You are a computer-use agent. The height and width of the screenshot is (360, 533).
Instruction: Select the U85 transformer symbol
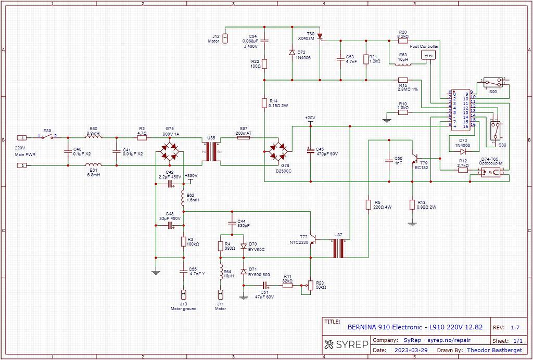point(211,152)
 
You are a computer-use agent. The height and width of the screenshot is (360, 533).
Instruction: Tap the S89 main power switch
point(47,137)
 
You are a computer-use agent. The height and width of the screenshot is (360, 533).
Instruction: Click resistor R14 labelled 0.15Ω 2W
point(264,104)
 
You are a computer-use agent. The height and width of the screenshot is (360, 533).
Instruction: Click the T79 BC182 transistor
point(415,156)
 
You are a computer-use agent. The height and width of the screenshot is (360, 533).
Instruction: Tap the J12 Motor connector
point(225,37)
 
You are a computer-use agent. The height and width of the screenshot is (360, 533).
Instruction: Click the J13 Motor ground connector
point(183,294)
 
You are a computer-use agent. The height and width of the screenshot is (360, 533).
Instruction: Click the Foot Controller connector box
point(428,55)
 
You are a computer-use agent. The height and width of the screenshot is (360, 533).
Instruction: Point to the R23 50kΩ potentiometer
point(310,285)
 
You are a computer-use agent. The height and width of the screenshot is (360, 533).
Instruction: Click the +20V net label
point(310,118)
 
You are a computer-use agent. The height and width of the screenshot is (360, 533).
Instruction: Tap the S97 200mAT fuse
point(244,138)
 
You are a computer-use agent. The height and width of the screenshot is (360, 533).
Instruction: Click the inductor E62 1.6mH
point(183,197)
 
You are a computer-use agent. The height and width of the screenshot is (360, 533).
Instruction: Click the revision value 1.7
point(515,327)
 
